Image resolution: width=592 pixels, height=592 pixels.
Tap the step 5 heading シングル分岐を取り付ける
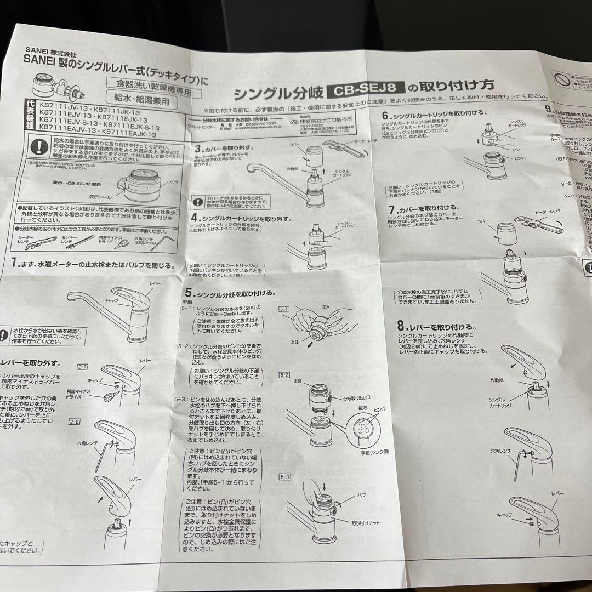(x=230, y=293)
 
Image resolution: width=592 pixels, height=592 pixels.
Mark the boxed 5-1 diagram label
(x=284, y=310)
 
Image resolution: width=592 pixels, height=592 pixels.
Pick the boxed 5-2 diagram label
(x=284, y=375)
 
